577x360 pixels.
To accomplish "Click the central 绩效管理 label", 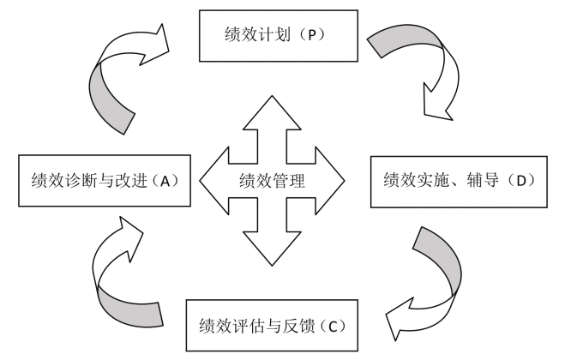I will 272,181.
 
